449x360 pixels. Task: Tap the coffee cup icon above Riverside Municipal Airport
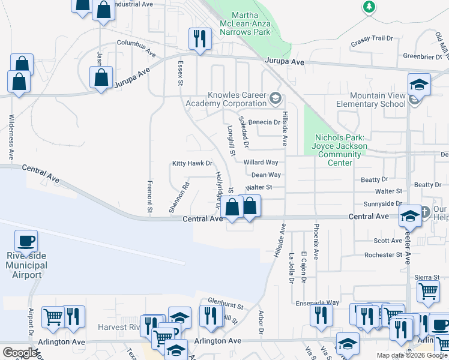pos(26,242)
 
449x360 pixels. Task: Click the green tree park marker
pos(370,7)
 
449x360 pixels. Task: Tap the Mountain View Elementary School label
pos(378,99)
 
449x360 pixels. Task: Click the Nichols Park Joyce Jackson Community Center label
pos(339,150)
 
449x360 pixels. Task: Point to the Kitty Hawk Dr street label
pos(192,163)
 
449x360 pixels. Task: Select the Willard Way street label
pos(261,163)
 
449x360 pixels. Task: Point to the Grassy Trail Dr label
pos(372,39)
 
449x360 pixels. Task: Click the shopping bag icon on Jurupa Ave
pos(101,77)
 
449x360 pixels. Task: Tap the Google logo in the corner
pos(20,353)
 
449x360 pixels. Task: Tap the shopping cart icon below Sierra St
pos(427,292)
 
